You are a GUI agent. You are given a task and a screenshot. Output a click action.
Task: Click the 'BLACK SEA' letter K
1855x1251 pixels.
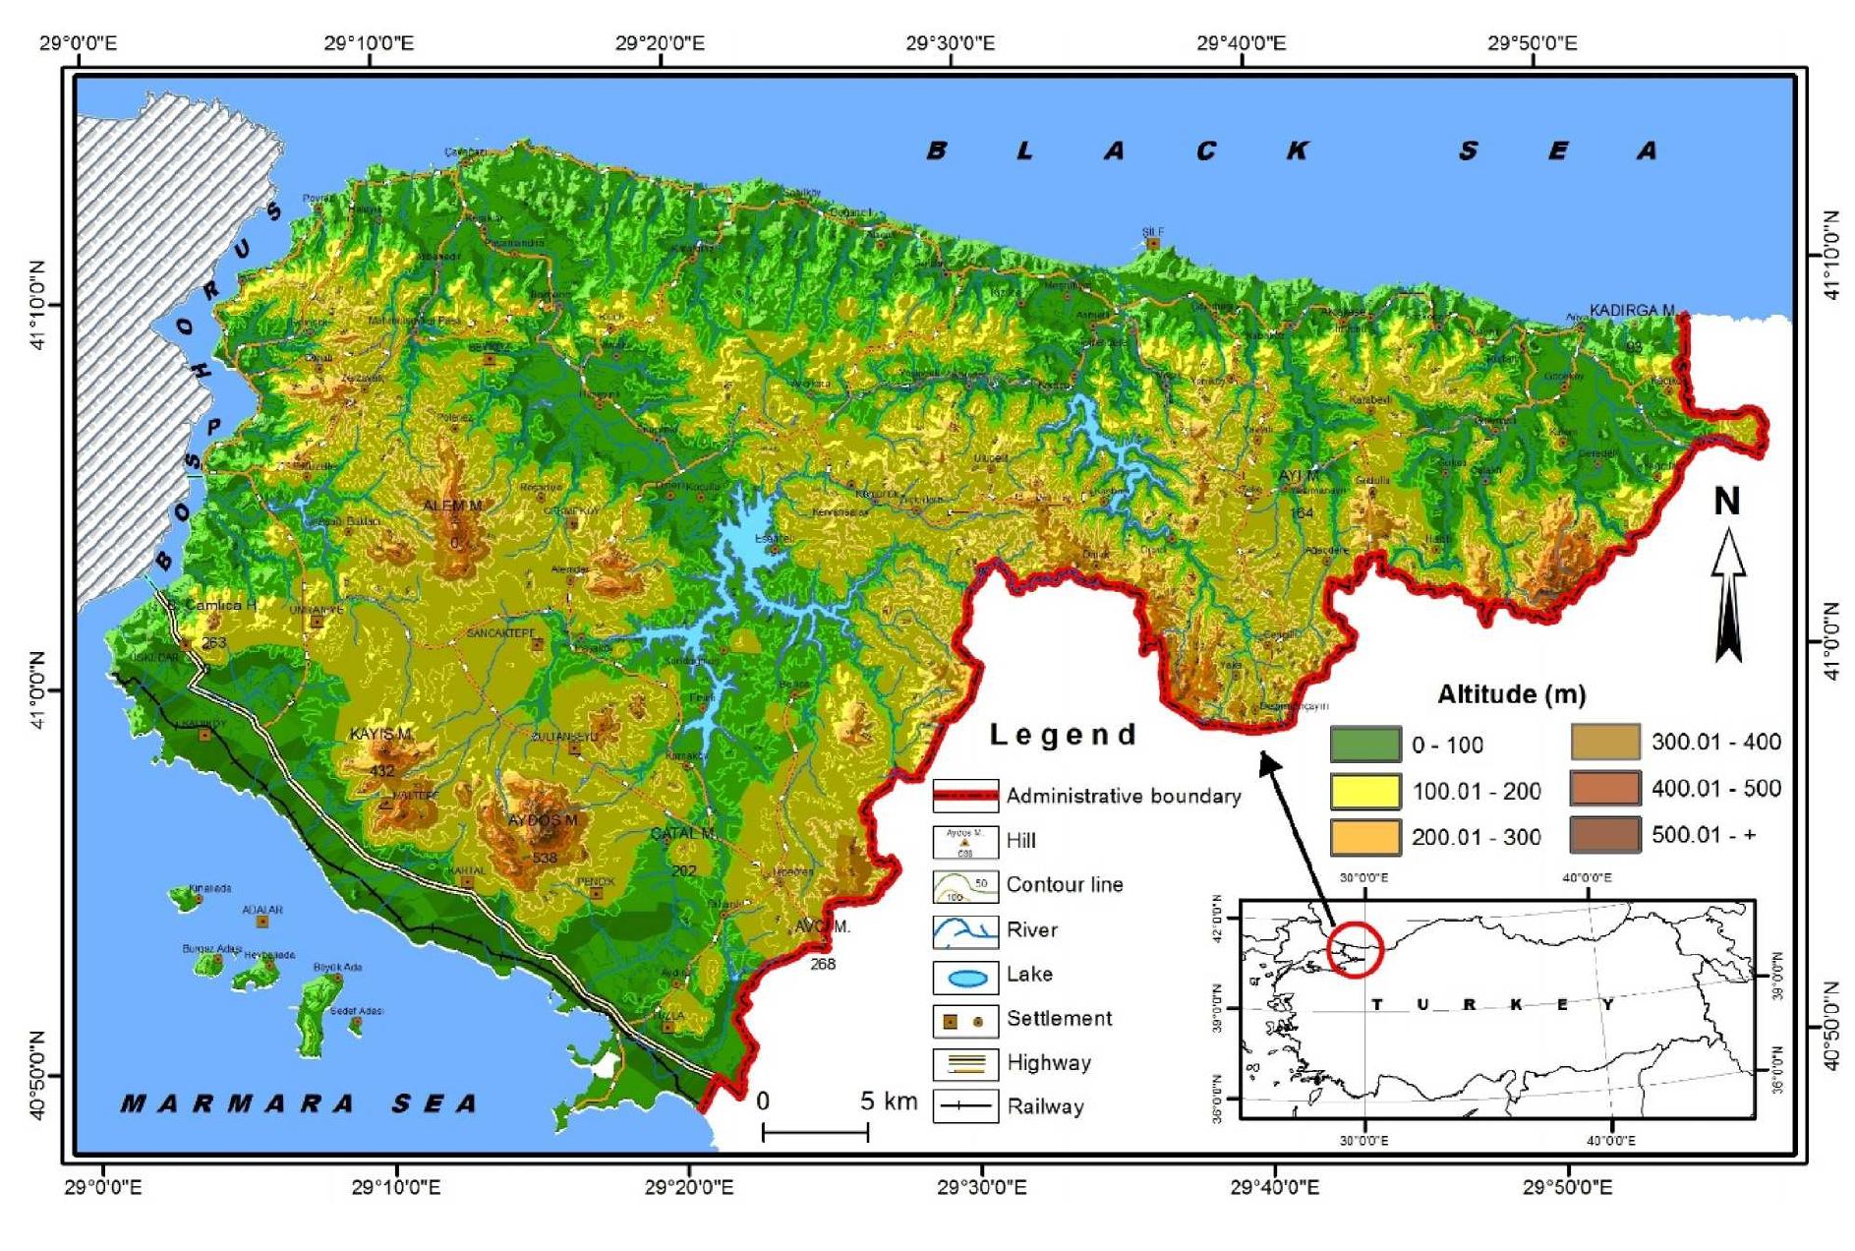pyautogui.click(x=1297, y=150)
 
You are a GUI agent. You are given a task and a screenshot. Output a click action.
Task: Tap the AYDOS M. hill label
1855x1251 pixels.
pyautogui.click(x=542, y=819)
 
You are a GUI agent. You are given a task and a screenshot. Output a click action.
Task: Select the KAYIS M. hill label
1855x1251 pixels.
pyautogui.click(x=380, y=734)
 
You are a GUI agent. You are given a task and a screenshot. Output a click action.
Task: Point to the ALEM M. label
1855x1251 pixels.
pyautogui.click(x=452, y=506)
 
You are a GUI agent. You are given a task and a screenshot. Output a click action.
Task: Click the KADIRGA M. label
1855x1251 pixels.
pyautogui.click(x=1631, y=310)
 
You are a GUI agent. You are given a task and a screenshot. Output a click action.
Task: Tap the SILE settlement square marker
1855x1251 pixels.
pyautogui.click(x=1153, y=243)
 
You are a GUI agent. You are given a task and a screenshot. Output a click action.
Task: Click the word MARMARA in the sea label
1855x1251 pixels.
pyautogui.click(x=236, y=1103)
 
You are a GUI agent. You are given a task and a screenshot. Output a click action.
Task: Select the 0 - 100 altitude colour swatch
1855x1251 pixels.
pyautogui.click(x=1364, y=745)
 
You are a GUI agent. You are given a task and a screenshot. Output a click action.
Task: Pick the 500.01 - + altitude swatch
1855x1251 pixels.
pyautogui.click(x=1604, y=835)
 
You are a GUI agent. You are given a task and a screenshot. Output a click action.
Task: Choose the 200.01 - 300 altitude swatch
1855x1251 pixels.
pyautogui.click(x=1364, y=837)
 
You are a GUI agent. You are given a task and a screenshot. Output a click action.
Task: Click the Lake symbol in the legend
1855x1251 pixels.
pyautogui.click(x=966, y=978)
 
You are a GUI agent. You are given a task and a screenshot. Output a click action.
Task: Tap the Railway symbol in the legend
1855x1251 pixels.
pyautogui.click(x=964, y=1106)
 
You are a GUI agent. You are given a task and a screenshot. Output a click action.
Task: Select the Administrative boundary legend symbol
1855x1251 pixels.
pyautogui.click(x=964, y=795)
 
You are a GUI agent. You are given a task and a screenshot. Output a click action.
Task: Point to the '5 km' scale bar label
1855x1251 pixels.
pyautogui.click(x=888, y=1101)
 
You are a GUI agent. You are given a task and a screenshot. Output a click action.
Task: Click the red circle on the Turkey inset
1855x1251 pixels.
pyautogui.click(x=1355, y=949)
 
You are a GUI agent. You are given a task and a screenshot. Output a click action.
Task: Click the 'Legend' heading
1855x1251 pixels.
pyautogui.click(x=1063, y=735)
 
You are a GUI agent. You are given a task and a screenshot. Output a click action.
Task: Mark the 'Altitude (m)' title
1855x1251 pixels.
pyautogui.click(x=1511, y=694)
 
